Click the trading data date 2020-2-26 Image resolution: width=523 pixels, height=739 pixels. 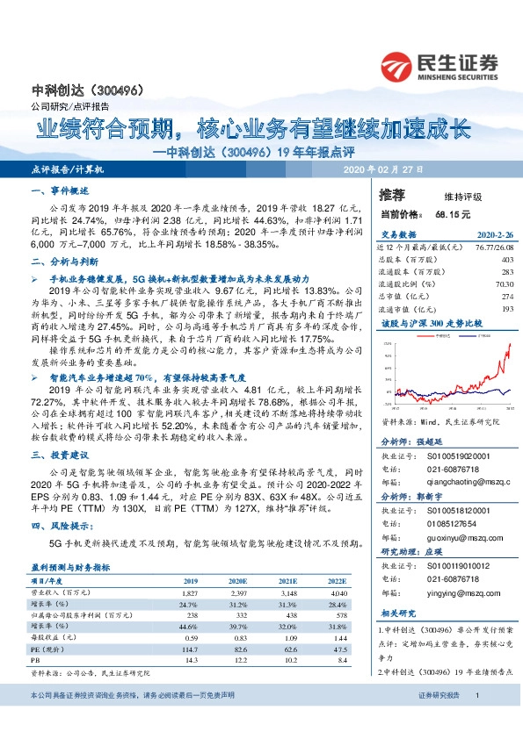pos(492,235)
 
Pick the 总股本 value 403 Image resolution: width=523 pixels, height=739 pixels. pos(506,260)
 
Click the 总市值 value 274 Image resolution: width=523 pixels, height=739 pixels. pos(505,297)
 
